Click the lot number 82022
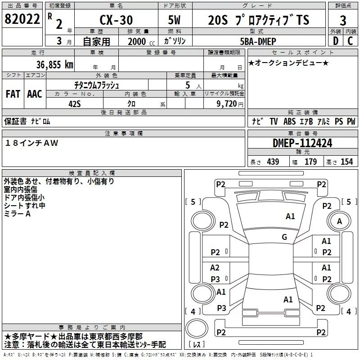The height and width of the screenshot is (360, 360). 22,19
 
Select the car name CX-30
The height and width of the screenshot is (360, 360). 116,20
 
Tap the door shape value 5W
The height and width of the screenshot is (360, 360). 174,20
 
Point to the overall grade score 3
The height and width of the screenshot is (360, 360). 343,21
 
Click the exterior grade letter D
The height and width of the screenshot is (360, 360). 336,41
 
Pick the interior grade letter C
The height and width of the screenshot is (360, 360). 350,41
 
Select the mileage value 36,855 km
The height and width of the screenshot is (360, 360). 55,65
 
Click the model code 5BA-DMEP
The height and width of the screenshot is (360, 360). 258,41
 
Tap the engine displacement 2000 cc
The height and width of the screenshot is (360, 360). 141,41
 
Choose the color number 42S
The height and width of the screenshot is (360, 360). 75,104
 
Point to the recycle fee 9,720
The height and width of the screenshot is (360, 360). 227,104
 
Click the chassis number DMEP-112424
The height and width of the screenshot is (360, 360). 302,143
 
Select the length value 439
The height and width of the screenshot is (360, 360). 273,162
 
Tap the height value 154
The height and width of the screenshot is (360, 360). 346,162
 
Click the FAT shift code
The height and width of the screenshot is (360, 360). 13,94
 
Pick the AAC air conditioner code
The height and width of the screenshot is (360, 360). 35,94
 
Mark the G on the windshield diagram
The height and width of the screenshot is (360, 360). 284,237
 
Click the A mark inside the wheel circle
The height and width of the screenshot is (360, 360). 339,221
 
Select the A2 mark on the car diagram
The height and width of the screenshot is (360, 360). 215,267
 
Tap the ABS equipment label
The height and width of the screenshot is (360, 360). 289,121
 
